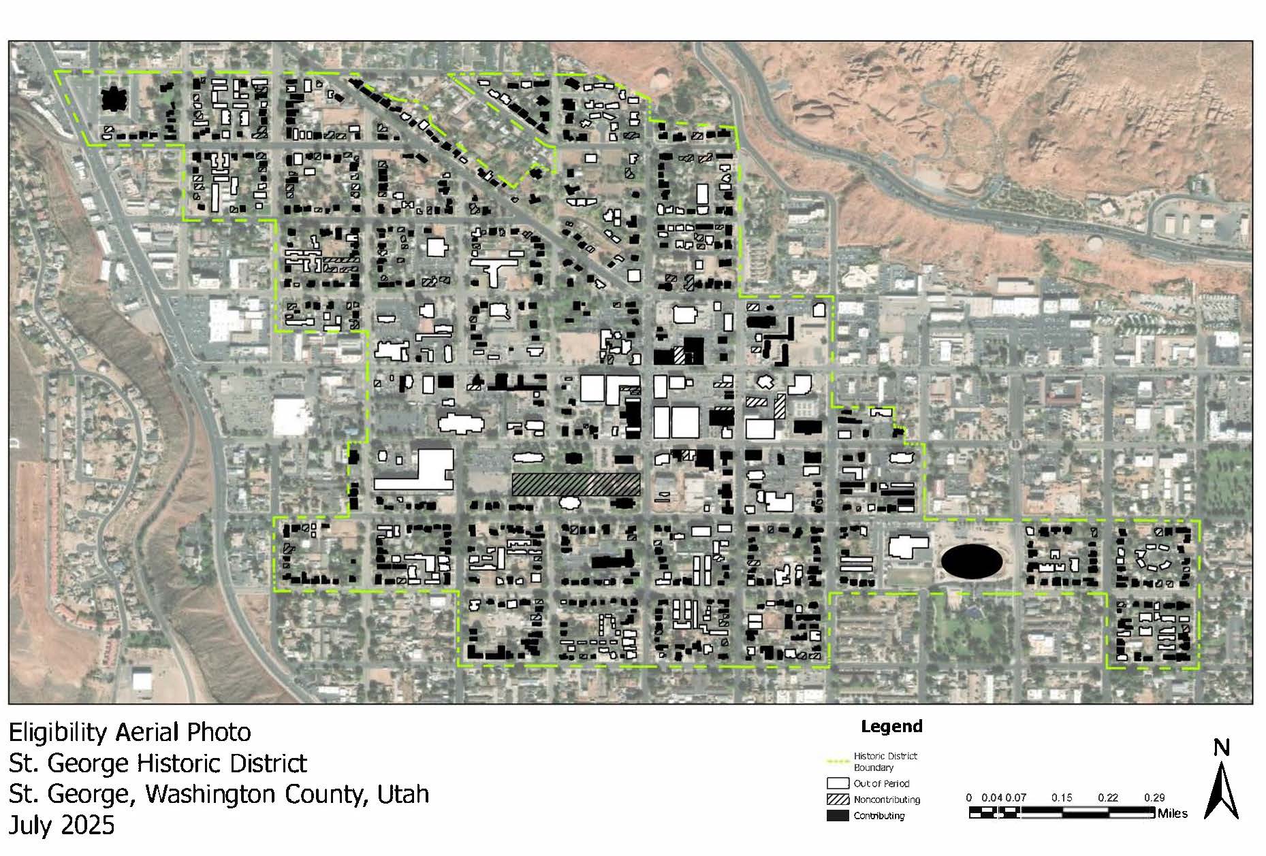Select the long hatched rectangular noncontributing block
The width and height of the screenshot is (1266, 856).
tap(576, 484)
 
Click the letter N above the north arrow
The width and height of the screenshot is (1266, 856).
tap(1222, 748)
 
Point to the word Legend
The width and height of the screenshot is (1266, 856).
tap(891, 727)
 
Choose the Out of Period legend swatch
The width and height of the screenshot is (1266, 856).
tap(838, 784)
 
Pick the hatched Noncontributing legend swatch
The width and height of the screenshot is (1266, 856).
tap(838, 800)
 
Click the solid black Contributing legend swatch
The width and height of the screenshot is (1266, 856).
tap(838, 816)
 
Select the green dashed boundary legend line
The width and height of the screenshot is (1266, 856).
tap(838, 759)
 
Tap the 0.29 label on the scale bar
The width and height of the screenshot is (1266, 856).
tap(1155, 797)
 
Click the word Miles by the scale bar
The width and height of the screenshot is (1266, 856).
tap(1173, 813)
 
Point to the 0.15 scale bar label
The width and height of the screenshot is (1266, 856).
tap(1062, 797)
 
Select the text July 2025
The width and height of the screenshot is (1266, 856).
tap(62, 825)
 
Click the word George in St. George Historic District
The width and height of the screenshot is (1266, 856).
tap(90, 763)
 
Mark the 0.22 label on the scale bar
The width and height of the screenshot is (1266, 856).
tap(1108, 797)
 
